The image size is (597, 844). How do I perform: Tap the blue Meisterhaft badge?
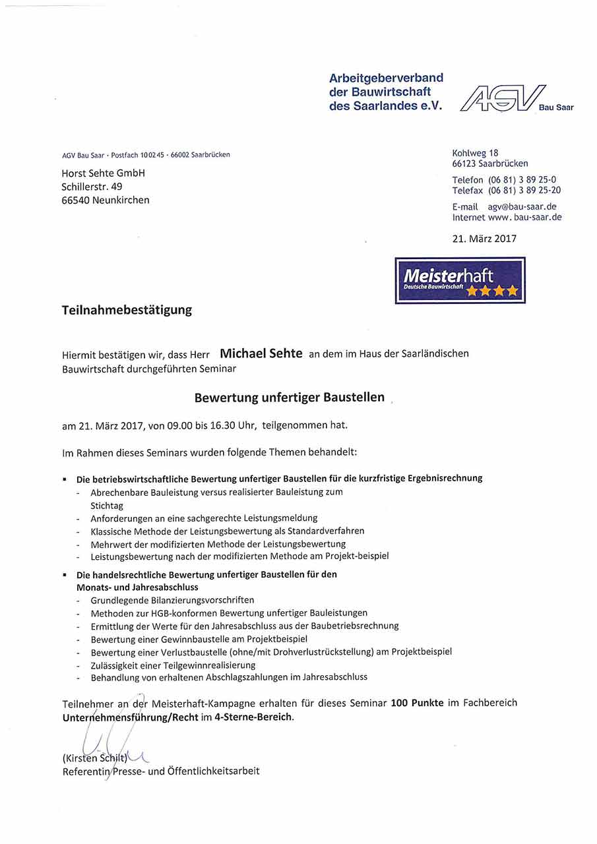point(460,280)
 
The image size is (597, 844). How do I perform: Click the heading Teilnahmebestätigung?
point(127,309)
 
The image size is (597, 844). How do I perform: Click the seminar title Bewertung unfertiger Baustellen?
point(289,398)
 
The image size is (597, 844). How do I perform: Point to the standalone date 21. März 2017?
point(484,239)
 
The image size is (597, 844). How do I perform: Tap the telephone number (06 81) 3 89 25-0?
point(522,180)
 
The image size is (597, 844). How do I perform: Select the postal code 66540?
point(75,200)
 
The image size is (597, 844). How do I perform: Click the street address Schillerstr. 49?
point(92,187)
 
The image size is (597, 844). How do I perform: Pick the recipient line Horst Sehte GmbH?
point(103,173)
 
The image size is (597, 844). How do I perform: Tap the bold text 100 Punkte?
point(416,703)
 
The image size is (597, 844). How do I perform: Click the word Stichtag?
point(107,506)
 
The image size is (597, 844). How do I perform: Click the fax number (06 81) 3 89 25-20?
point(524,191)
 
